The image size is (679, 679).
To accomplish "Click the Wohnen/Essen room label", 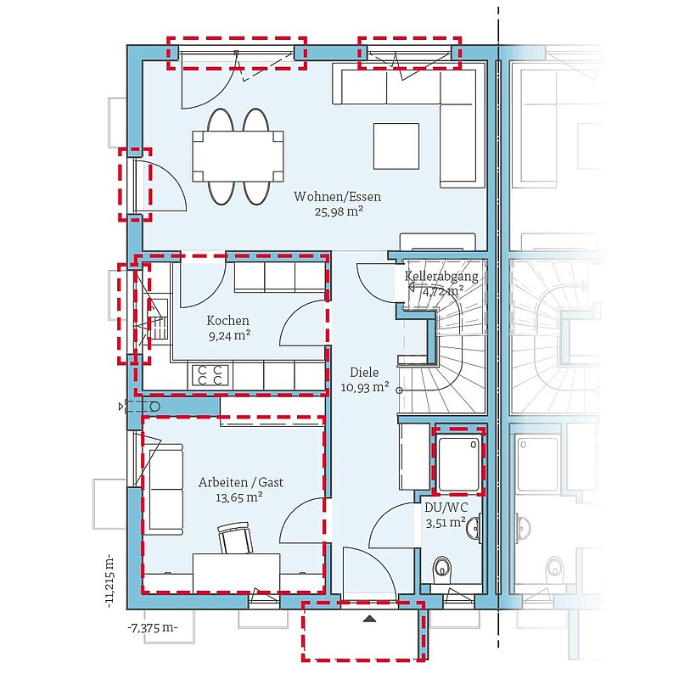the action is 337,197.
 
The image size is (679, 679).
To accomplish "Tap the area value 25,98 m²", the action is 339,211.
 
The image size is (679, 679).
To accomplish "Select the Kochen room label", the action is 227,321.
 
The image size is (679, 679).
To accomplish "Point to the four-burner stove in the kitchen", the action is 210,376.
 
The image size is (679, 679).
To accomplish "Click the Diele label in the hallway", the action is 364,373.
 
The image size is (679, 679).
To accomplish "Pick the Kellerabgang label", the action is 441,277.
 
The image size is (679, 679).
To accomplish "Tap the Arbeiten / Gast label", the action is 241,482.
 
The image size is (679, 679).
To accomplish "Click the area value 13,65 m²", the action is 239,497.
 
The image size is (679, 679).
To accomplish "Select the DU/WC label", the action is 446,508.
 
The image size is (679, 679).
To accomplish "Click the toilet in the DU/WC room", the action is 442,567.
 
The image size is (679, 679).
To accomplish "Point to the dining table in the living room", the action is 238,156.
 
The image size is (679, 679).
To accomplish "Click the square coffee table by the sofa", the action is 396,146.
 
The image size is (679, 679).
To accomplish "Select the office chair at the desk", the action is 235,537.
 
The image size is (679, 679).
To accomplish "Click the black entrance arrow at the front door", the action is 369,619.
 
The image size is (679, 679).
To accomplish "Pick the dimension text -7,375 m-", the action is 153,627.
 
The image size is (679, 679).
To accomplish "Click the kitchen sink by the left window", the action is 158,317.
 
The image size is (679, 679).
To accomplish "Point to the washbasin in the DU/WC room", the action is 474,527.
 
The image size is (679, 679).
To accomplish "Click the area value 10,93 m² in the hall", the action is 365,387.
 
